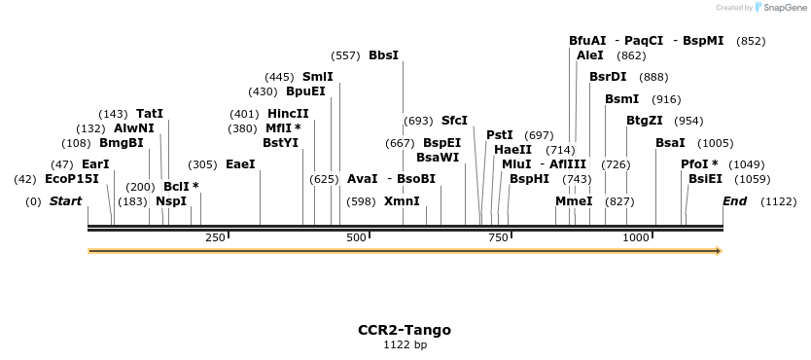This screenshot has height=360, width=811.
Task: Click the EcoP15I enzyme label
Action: (x=72, y=179)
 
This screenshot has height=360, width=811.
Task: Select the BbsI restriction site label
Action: (x=383, y=55)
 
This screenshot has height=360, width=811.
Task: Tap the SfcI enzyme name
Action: (x=454, y=121)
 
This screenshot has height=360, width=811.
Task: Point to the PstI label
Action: (x=500, y=135)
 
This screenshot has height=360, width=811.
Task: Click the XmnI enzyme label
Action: (x=402, y=201)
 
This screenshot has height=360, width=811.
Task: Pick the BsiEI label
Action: (x=705, y=179)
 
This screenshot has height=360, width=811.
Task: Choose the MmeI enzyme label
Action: (x=574, y=201)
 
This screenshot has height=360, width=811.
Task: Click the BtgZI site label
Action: (x=644, y=121)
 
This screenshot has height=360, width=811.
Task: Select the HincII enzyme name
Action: (x=288, y=114)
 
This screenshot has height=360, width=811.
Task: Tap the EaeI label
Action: (x=240, y=164)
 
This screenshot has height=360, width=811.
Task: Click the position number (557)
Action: (x=345, y=55)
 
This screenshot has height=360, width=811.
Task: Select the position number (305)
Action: (x=202, y=164)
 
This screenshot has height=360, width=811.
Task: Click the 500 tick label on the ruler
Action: (x=357, y=237)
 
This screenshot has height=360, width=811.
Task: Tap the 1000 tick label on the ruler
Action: (x=636, y=237)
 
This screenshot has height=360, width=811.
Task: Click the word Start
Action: (x=65, y=201)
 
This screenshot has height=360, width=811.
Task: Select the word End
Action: (x=734, y=201)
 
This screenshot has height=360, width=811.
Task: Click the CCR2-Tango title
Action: (x=405, y=330)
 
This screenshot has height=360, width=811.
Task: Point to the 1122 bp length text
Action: (x=405, y=344)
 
